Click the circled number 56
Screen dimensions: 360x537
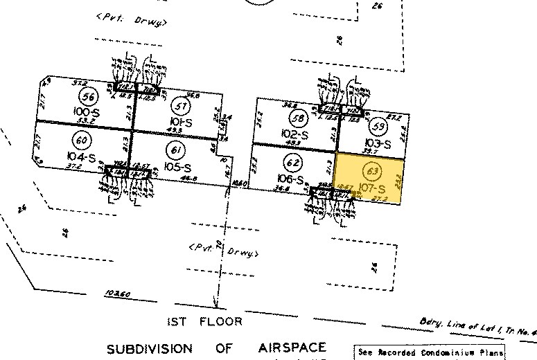[88, 96]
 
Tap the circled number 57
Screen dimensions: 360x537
[182, 106]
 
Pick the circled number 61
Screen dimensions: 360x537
[173, 148]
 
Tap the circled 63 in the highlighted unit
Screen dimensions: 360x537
[374, 170]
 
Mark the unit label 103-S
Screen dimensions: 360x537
[378, 144]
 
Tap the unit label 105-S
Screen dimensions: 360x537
[177, 167]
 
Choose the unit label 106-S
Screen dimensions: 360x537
[291, 180]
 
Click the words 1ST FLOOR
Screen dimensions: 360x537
[206, 321]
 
